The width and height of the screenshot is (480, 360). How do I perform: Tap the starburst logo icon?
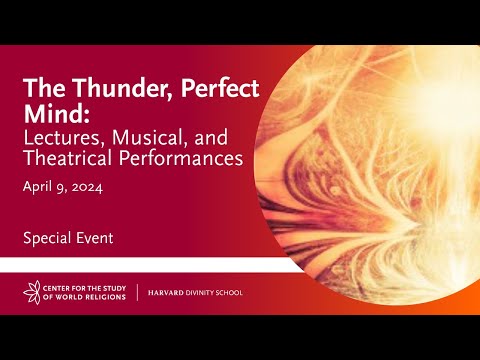pyautogui.click(x=33, y=293)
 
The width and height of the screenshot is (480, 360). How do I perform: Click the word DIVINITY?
pyautogui.click(x=203, y=293)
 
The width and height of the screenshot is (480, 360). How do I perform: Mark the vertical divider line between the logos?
pyautogui.click(x=138, y=293)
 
